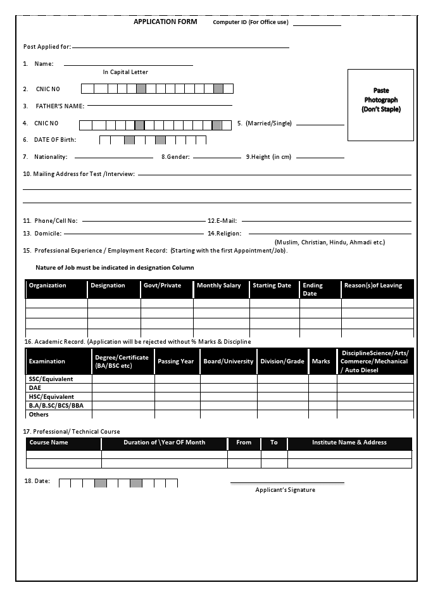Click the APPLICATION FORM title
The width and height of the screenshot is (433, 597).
tap(165, 22)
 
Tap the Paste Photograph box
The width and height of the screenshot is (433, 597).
tap(380, 104)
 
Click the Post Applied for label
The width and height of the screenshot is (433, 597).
tap(47, 47)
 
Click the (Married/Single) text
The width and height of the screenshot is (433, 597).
tap(268, 123)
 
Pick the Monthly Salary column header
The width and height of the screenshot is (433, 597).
tap(218, 286)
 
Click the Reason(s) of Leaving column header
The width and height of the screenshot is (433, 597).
tap(373, 286)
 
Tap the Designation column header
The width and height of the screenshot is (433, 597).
tap(108, 286)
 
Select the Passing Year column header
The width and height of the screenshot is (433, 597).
tap(176, 361)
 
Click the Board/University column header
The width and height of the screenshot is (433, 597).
tap(228, 361)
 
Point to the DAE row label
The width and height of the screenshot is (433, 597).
tap(35, 388)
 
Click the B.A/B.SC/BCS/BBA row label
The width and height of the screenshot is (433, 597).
tap(51, 406)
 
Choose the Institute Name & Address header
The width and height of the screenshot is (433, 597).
tap(349, 443)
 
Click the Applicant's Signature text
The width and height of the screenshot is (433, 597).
tap(285, 490)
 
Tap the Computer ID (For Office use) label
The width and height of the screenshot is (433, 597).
tap(250, 22)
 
